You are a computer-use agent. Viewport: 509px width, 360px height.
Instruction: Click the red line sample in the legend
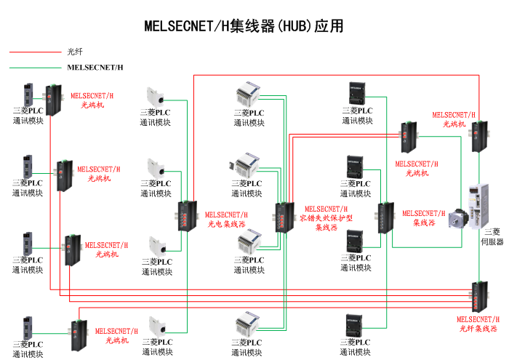tap(33, 52)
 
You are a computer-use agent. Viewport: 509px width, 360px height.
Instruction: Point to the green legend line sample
tap(33, 68)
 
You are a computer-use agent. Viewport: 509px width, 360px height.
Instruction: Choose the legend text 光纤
tap(75, 52)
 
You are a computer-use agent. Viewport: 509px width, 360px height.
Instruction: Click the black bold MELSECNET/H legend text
tap(95, 68)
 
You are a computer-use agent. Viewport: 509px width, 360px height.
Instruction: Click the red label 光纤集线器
tap(478, 329)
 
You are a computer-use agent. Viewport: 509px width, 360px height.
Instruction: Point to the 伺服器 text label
tap(494, 241)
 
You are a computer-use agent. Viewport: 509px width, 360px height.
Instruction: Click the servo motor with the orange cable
tap(457, 219)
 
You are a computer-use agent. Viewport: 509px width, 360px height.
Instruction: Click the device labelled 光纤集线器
tap(478, 294)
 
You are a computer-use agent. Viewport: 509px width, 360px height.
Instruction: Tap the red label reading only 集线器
tap(424, 223)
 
